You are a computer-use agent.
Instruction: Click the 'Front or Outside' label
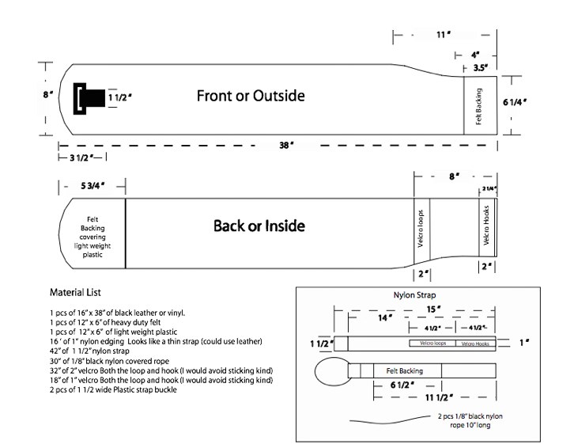click(251, 96)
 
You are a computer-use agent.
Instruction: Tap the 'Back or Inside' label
click(259, 226)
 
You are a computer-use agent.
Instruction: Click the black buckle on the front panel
click(89, 99)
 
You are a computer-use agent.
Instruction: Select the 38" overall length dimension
click(286, 146)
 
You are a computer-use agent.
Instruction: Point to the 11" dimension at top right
click(444, 35)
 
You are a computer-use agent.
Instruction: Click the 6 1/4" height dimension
click(515, 102)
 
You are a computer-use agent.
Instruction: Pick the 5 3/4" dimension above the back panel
click(93, 186)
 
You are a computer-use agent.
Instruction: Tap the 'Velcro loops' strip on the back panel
click(421, 229)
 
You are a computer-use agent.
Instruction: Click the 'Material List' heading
click(75, 293)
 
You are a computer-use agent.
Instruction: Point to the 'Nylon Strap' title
click(415, 295)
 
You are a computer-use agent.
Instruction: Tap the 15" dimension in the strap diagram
click(433, 309)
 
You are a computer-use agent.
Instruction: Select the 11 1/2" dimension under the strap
click(439, 397)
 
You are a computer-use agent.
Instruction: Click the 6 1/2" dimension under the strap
click(402, 385)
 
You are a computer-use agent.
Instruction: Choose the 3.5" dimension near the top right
click(480, 68)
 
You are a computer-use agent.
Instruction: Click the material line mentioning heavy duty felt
click(105, 323)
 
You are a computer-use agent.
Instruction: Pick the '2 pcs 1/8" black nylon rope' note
click(470, 421)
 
